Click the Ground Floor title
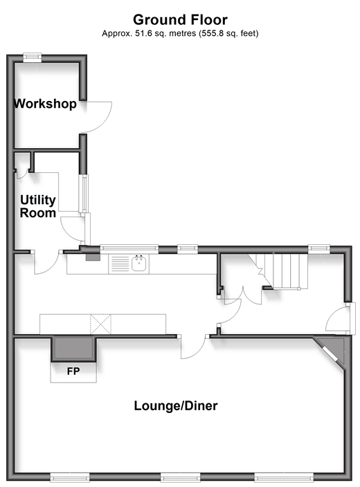(x=180, y=20)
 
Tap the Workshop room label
(x=46, y=104)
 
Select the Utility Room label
(x=38, y=206)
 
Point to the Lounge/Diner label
(x=176, y=405)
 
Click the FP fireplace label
(x=73, y=371)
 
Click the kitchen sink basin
(x=139, y=264)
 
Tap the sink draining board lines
(x=120, y=264)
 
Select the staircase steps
(x=283, y=271)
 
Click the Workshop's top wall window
(x=33, y=57)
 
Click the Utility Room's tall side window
(x=84, y=194)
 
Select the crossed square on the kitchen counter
(x=100, y=324)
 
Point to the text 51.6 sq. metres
(x=165, y=33)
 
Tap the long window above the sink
(x=129, y=248)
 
